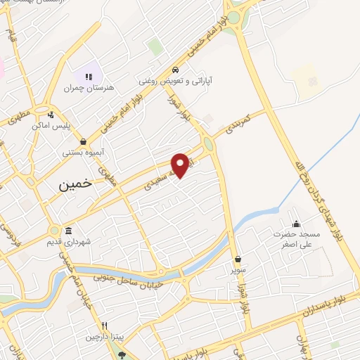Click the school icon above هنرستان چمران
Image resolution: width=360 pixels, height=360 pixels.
click(89, 77)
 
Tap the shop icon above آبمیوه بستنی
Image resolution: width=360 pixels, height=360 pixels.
click(84, 141)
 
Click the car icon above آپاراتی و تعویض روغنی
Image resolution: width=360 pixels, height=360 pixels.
click(174, 70)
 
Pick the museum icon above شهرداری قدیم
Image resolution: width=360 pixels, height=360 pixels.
click(68, 231)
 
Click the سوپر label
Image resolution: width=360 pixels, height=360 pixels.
click(238, 269)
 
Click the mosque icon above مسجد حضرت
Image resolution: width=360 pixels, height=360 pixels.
click(295, 224)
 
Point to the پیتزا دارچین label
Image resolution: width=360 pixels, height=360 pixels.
click(103, 337)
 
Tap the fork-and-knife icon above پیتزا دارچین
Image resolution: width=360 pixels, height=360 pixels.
click(104, 326)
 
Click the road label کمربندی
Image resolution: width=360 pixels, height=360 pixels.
click(237, 124)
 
